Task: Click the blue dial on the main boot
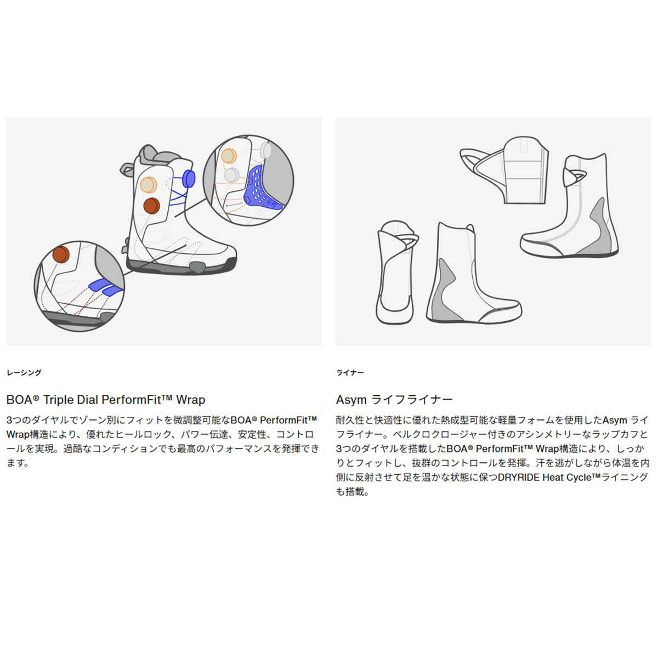(x=189, y=178)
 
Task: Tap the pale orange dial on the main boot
(x=148, y=185)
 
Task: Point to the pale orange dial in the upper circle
(x=229, y=156)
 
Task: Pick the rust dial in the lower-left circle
(x=60, y=255)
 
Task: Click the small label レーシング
(x=24, y=373)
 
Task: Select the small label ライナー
(x=350, y=373)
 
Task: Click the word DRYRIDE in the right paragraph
(x=519, y=477)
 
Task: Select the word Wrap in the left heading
(x=190, y=399)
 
